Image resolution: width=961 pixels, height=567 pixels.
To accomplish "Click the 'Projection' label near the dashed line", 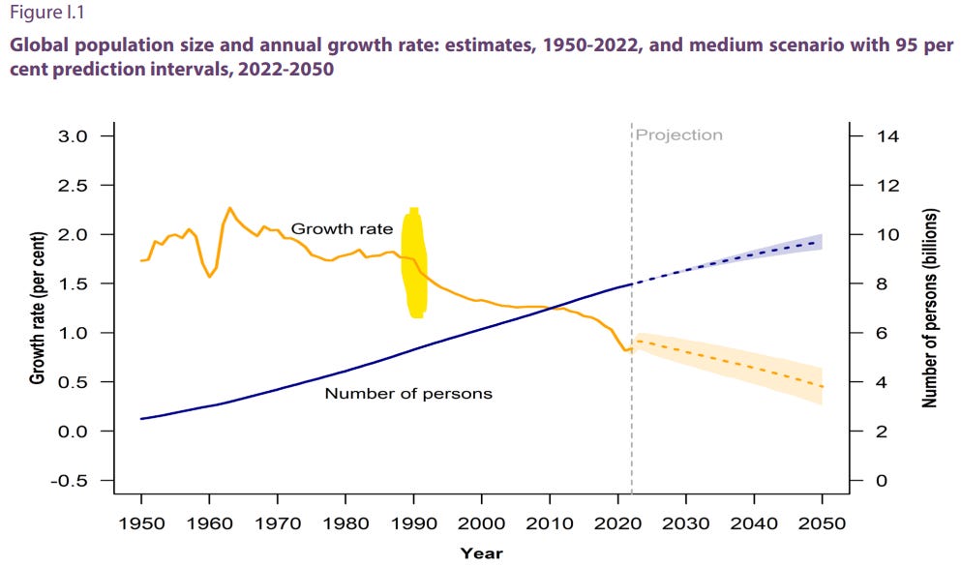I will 678,135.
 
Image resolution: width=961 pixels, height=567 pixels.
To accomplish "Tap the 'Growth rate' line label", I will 342,229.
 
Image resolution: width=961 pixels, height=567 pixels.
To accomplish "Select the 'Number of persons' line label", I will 407,393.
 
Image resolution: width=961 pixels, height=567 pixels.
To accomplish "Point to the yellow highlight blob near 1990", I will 414,263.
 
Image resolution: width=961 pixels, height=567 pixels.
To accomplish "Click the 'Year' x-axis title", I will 481,553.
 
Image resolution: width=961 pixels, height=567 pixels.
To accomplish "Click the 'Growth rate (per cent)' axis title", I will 38,308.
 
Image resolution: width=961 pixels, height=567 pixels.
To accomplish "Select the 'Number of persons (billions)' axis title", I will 929,308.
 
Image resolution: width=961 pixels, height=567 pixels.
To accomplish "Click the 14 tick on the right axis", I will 888,136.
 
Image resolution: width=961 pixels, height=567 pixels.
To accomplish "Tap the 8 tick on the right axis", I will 884,284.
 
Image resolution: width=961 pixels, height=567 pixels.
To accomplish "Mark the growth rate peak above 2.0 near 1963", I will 229,208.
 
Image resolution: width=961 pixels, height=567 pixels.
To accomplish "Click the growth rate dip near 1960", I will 209,277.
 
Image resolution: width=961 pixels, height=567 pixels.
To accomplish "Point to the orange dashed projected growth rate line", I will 736,363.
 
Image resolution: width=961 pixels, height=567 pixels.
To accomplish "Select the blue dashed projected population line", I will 736,258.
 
